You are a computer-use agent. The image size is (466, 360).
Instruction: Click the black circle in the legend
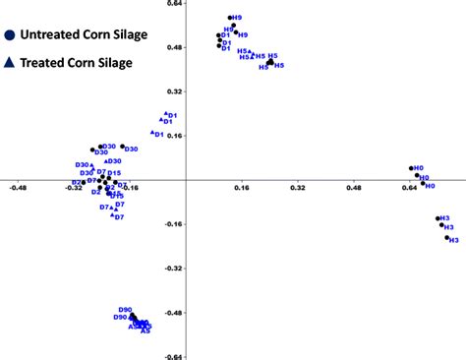coord(9,34)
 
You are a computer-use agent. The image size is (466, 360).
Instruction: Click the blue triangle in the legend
coord(9,62)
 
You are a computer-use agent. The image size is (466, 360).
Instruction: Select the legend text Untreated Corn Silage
coord(84,35)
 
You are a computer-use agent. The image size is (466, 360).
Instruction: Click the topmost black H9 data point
coord(230,18)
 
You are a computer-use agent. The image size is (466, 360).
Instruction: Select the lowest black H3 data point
coord(447,237)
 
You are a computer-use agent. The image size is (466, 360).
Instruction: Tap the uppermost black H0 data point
coord(411,168)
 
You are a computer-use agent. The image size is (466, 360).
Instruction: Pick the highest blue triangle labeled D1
coord(166,114)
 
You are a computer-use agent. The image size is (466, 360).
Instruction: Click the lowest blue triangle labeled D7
coord(113,215)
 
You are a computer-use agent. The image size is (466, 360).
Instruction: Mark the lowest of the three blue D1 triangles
coord(153,132)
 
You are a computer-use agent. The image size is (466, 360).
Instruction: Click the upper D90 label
coord(123,310)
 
